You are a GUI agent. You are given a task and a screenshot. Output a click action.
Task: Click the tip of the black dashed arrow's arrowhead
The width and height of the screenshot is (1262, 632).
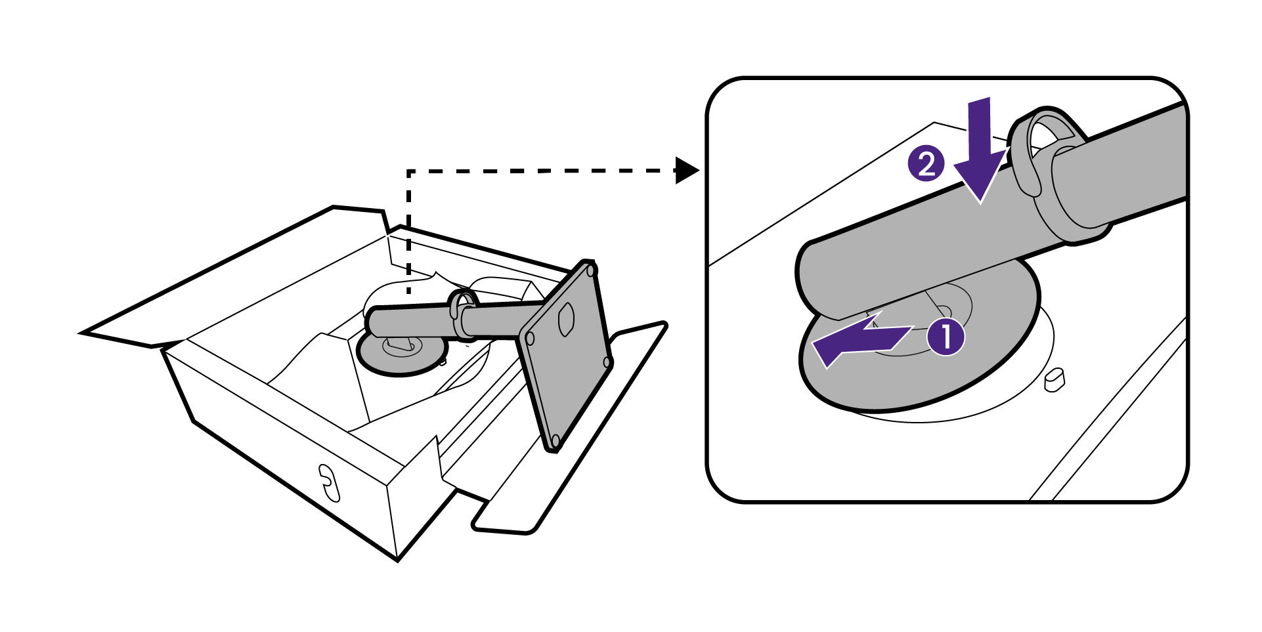click(700, 171)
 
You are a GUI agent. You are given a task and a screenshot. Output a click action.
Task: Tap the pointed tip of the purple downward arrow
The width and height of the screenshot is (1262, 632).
click(980, 201)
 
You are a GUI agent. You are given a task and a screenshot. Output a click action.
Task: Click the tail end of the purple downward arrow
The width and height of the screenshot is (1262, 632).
click(980, 98)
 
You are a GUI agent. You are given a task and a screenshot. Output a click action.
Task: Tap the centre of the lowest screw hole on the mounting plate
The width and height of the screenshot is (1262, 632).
click(555, 438)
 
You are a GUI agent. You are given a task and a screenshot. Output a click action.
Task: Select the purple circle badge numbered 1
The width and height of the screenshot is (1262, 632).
click(944, 337)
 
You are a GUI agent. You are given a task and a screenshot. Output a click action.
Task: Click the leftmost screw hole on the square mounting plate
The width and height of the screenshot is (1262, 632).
click(530, 339)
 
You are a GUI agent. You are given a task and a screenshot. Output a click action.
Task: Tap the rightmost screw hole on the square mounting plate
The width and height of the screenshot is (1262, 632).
click(607, 362)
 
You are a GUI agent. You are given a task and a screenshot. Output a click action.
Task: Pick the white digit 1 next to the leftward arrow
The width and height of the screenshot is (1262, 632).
click(945, 337)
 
